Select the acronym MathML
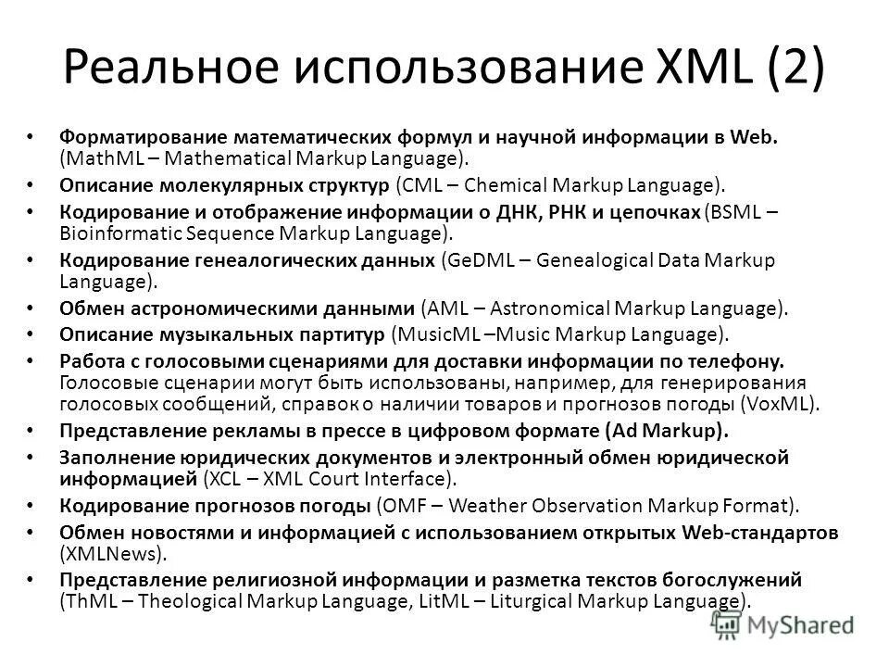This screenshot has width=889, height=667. pyautogui.click(x=99, y=158)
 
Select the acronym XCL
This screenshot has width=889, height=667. pyautogui.click(x=227, y=479)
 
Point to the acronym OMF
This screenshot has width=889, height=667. pyautogui.click(x=400, y=506)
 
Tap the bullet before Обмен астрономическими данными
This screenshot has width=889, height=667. pyautogui.click(x=32, y=307)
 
